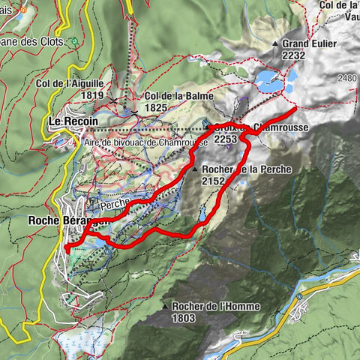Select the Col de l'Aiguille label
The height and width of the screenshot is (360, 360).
69,83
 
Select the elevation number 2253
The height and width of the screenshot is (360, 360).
226,139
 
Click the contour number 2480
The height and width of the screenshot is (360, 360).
348,78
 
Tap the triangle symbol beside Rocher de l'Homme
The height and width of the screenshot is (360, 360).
164,307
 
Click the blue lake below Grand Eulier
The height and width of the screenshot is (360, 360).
268,79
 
